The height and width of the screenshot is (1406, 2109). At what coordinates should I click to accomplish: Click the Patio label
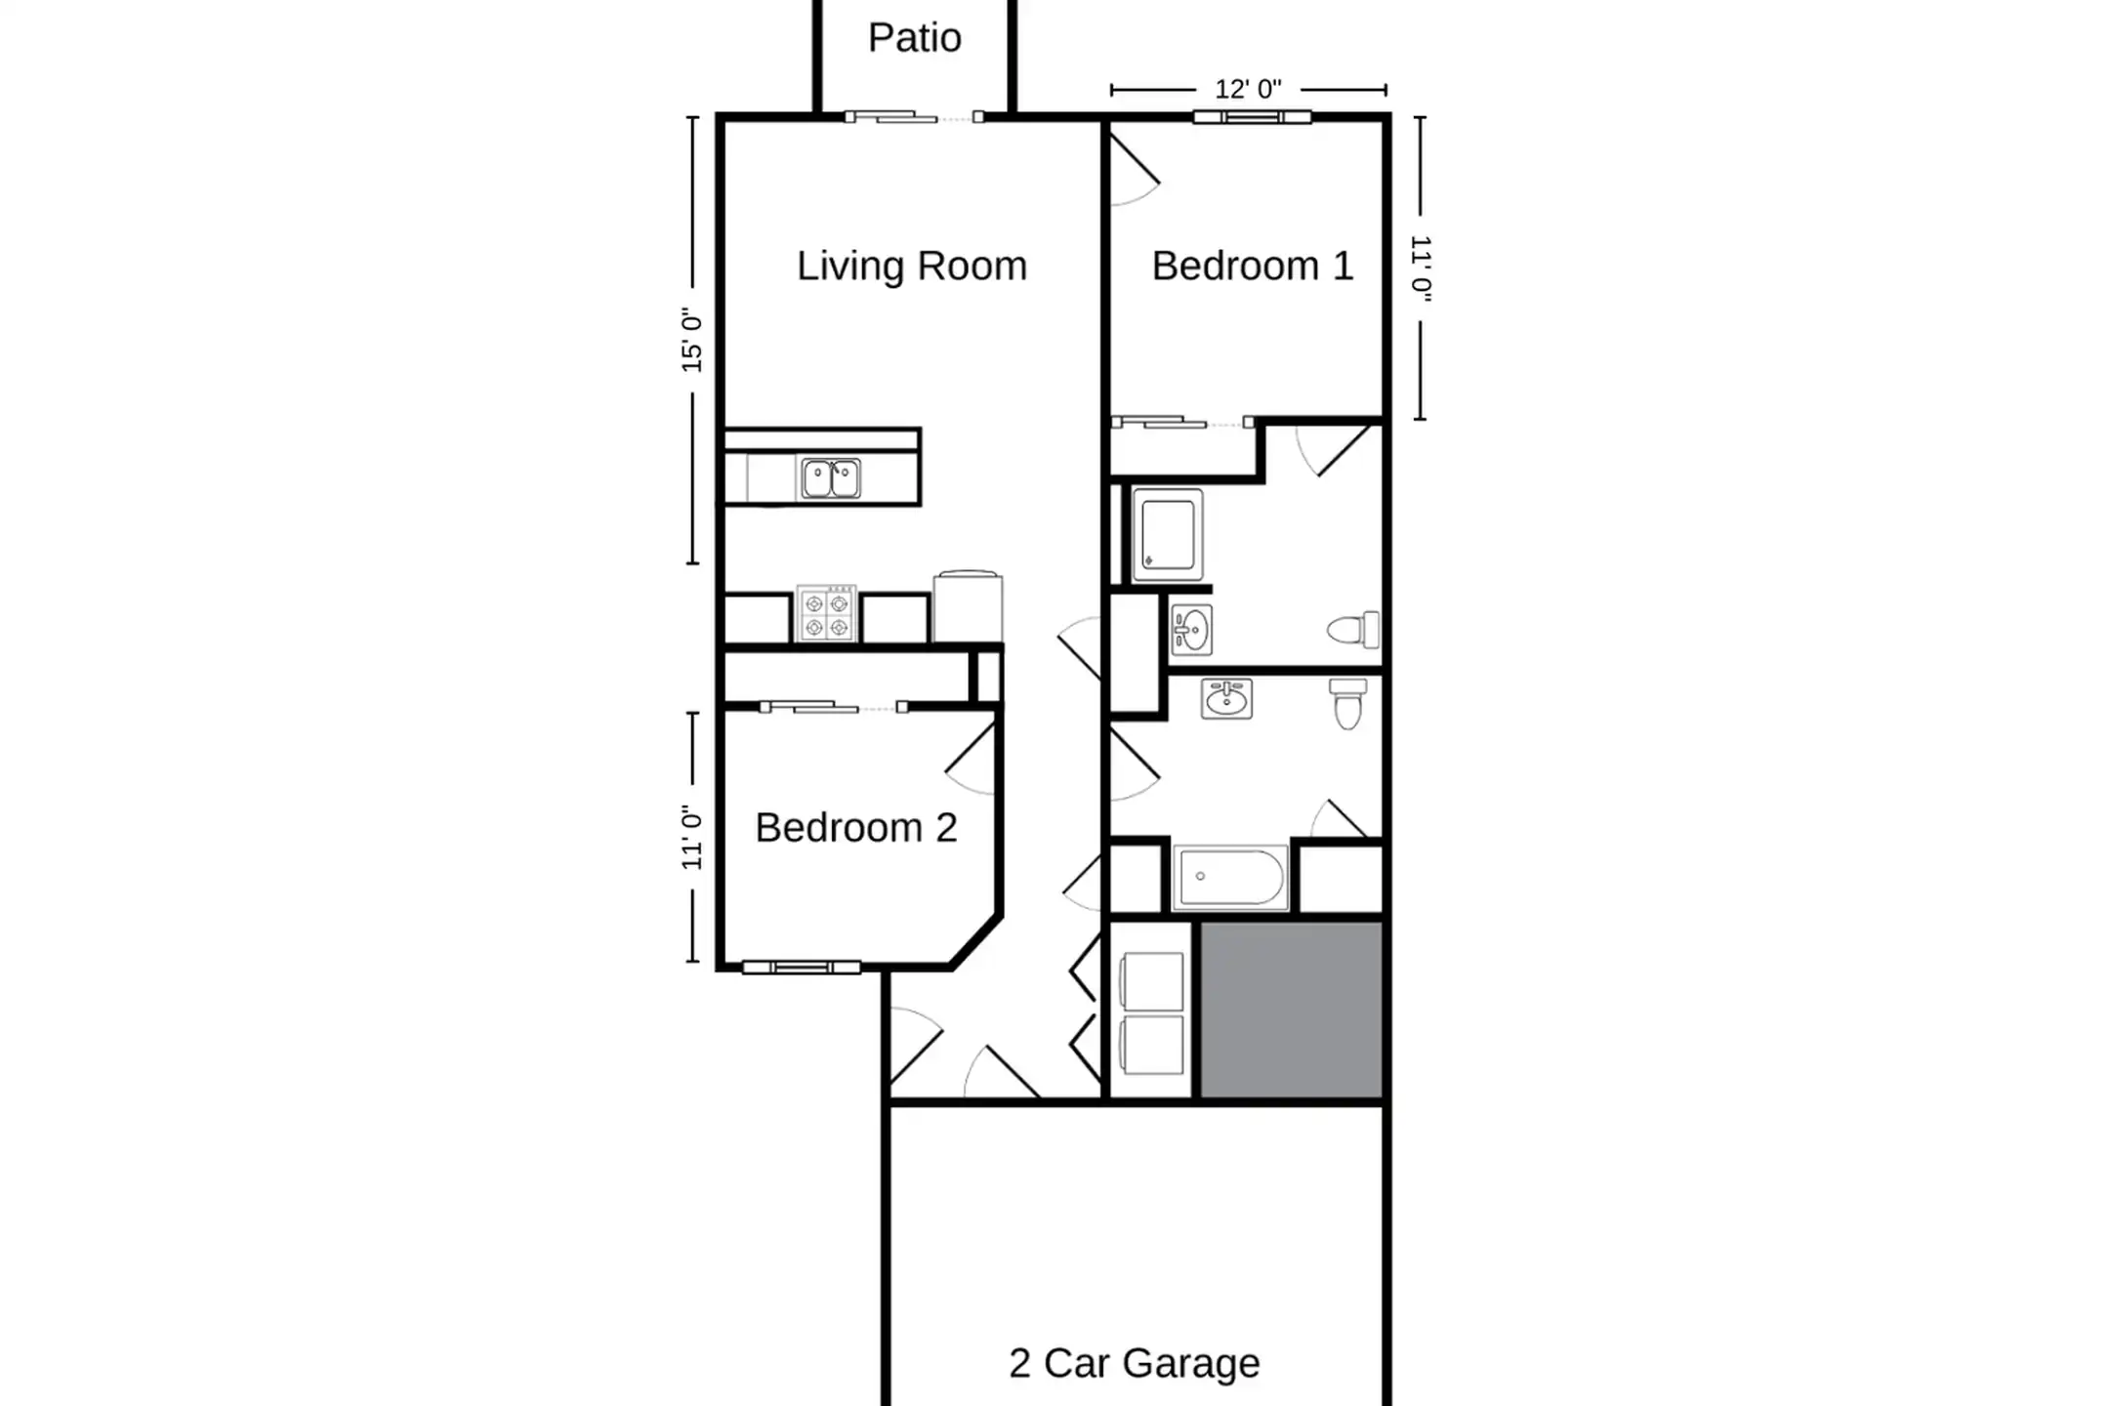click(915, 38)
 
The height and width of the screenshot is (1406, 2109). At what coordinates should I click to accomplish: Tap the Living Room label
click(912, 267)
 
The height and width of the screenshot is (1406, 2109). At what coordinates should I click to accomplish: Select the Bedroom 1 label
click(1253, 266)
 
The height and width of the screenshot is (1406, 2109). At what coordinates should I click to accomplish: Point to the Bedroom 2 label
click(856, 828)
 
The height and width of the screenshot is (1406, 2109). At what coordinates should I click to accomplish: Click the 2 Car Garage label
click(1135, 1363)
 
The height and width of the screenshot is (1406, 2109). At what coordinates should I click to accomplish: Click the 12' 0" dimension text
click(1248, 90)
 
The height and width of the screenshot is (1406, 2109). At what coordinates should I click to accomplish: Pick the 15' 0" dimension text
click(692, 341)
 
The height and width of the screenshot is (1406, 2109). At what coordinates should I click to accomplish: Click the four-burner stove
click(827, 614)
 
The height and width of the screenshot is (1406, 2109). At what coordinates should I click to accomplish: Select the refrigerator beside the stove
click(968, 606)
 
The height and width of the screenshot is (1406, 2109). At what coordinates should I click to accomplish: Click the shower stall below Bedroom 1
click(1168, 535)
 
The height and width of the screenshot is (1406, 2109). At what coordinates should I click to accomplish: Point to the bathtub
click(1230, 878)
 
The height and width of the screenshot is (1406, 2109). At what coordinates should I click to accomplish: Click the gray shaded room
click(1291, 1011)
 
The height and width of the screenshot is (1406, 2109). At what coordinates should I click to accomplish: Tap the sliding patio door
click(914, 118)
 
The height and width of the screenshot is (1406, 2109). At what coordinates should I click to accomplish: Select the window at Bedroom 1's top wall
click(1252, 117)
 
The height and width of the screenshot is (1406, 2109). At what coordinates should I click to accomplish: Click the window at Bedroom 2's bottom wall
click(802, 968)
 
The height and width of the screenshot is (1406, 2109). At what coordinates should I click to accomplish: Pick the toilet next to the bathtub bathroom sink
click(1348, 704)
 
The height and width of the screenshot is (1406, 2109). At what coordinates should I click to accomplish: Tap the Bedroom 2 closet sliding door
click(834, 707)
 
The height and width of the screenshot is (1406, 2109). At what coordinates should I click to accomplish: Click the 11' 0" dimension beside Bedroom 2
click(692, 837)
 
